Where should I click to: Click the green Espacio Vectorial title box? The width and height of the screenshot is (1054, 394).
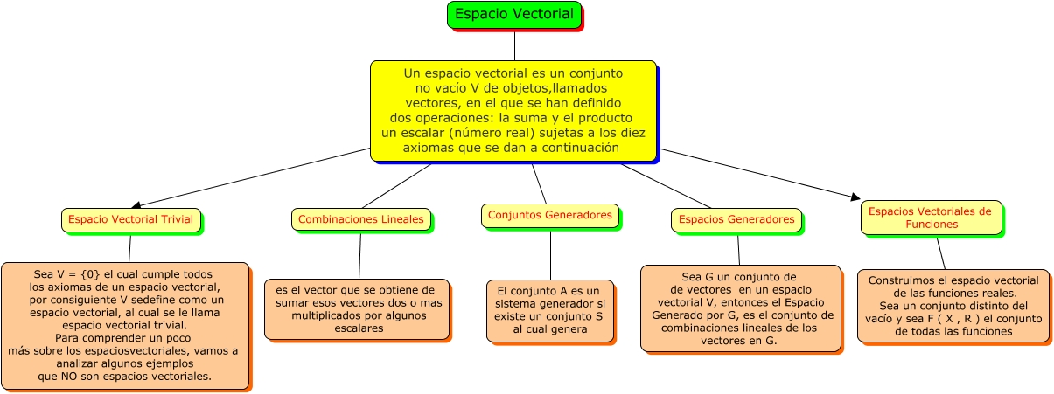tap(514, 15)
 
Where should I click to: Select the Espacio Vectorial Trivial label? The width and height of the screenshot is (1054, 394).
tap(130, 219)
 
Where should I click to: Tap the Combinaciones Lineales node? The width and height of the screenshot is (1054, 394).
tap(360, 219)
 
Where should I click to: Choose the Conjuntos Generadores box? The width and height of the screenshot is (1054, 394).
tap(549, 215)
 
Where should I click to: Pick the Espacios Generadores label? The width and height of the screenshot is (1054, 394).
tap(736, 219)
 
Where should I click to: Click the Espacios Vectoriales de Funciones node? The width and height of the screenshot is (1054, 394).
tap(930, 218)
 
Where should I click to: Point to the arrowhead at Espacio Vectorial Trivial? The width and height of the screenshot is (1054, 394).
tap(135, 204)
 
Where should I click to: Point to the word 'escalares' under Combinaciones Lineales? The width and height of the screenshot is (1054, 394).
tap(357, 328)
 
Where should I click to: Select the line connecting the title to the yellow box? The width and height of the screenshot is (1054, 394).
tap(514, 45)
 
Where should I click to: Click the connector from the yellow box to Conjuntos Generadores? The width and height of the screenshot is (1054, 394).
tap(539, 183)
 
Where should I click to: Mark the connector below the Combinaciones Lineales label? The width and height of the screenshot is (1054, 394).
tap(359, 255)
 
